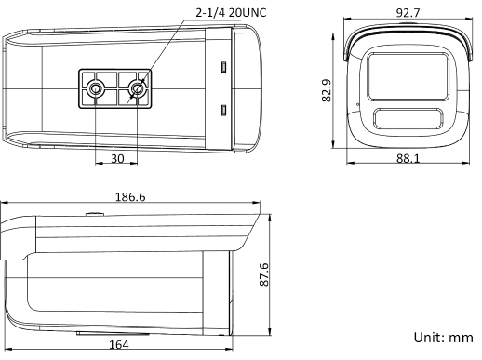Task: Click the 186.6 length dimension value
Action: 130,197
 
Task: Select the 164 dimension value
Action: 118,344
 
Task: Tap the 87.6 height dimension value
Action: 264,274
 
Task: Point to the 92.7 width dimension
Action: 408,13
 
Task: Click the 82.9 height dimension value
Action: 327,90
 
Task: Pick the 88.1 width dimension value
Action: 408,158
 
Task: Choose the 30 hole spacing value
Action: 117,158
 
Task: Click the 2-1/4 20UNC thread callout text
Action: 231,13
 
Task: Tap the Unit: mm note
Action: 443,337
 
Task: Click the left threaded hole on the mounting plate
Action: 96,88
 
